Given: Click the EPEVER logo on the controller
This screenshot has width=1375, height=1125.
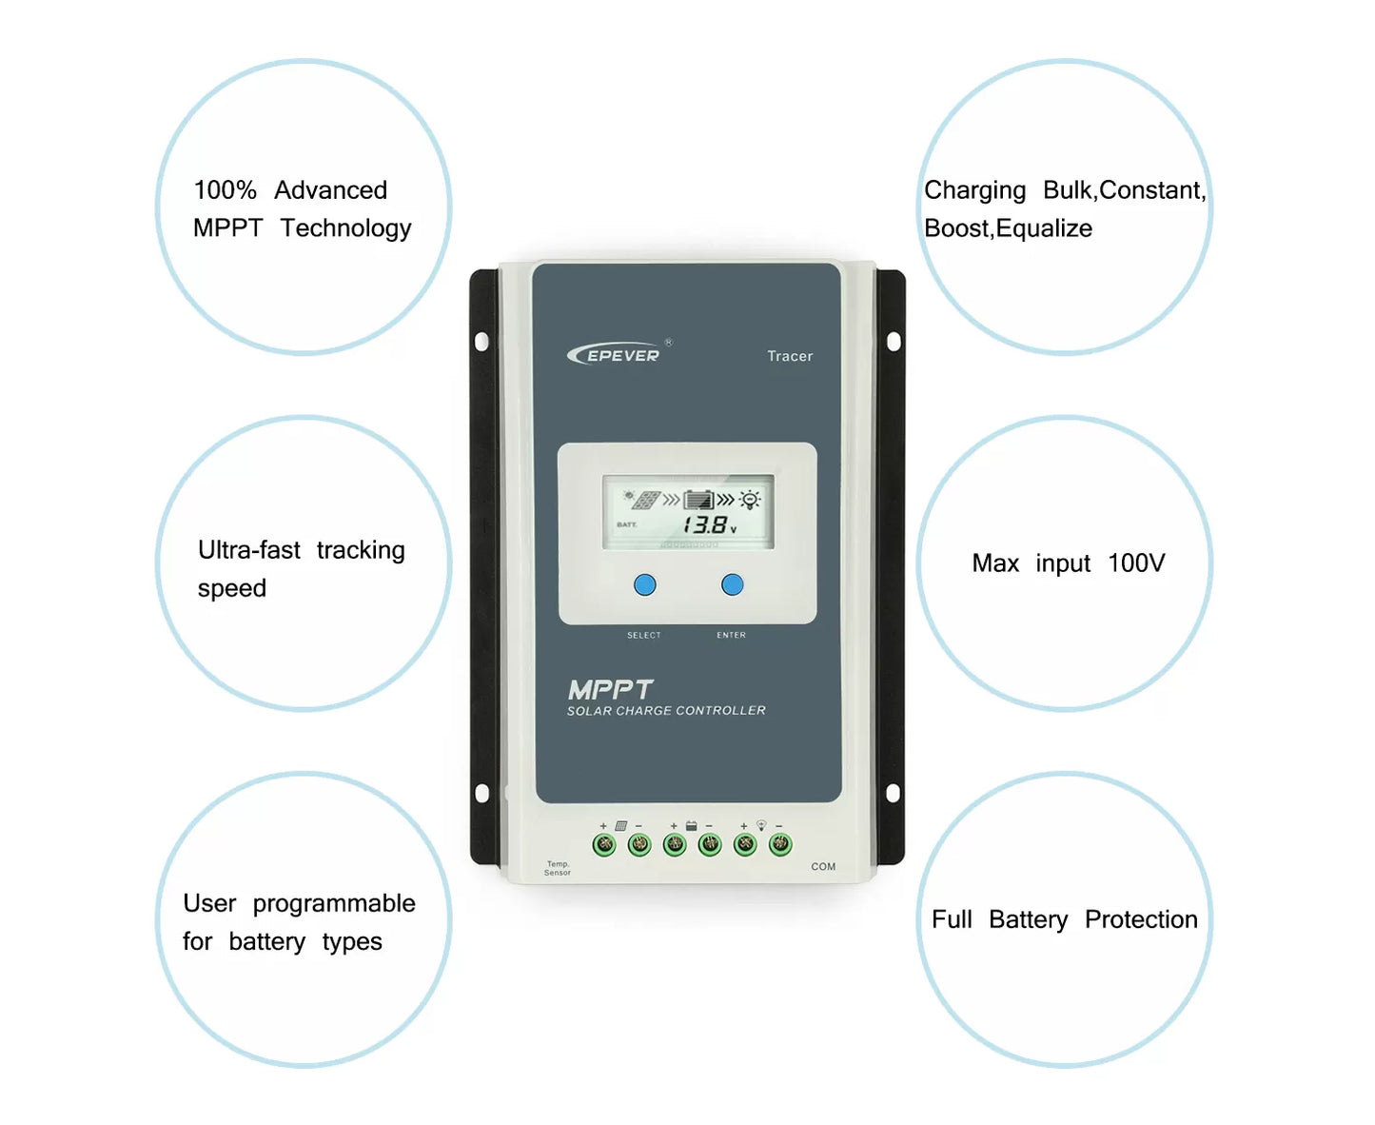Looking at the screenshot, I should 619,354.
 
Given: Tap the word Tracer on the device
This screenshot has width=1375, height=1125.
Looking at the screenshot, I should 790,356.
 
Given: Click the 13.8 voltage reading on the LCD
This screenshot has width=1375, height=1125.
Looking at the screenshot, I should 705,524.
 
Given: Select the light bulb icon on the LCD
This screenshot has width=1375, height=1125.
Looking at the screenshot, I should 750,500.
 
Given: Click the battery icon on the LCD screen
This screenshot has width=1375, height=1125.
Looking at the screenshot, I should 698,500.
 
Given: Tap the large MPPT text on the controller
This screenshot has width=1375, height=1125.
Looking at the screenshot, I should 610,689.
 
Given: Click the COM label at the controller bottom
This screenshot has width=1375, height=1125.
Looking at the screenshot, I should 823,866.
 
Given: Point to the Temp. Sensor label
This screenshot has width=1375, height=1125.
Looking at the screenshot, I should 558,868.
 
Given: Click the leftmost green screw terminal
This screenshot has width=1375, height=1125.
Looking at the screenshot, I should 604,844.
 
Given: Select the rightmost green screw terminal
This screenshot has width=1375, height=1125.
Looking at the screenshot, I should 780,843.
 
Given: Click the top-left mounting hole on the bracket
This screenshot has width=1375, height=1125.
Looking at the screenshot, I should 481,341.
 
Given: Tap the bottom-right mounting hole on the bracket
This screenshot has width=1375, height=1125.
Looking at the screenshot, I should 893,793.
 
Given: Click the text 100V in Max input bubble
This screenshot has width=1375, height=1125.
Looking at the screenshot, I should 1136,563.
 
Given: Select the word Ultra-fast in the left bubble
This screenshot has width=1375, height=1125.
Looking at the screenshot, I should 249,550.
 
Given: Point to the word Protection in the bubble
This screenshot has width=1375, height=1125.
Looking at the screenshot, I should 1141,919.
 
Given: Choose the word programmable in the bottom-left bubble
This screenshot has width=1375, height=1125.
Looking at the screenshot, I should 334,903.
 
